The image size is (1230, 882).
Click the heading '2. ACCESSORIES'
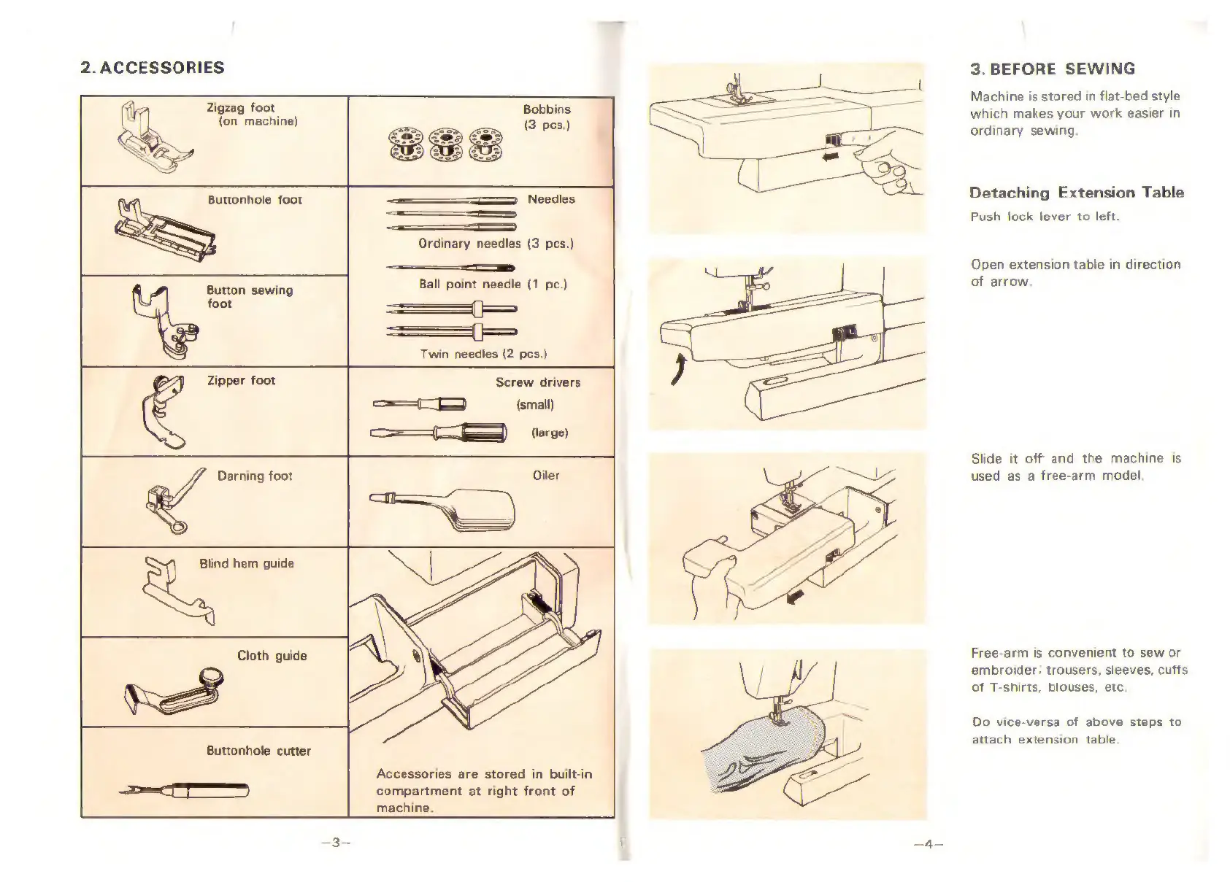[152, 68]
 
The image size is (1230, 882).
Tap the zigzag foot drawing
[151, 139]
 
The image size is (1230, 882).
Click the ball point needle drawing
[450, 268]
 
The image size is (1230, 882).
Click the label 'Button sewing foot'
[250, 297]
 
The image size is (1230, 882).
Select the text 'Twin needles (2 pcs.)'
[483, 355]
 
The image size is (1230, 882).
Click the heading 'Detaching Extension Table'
[1076, 193]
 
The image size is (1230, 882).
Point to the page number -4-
[928, 845]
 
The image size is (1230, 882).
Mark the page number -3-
[336, 843]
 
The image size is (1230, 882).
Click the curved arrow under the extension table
[679, 371]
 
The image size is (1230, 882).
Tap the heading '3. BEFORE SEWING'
[1052, 69]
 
